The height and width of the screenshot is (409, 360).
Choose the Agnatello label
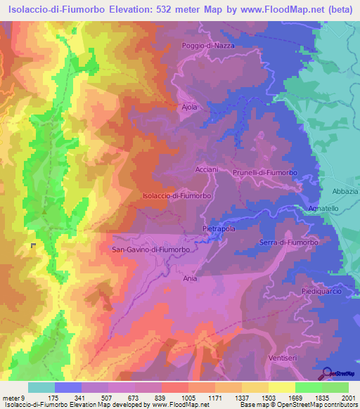pos(324,209)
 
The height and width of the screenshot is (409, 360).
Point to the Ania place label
pos(190,278)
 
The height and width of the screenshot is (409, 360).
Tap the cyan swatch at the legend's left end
pos(41,387)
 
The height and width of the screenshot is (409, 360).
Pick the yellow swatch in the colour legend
pos(281,387)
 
